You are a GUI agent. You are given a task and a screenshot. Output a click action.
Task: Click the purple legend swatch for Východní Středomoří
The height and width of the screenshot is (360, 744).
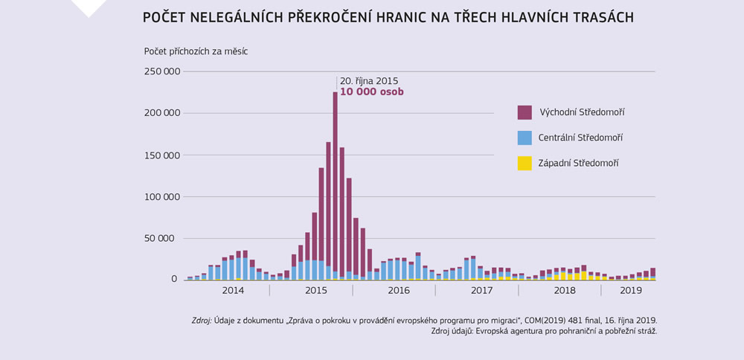point(525,112)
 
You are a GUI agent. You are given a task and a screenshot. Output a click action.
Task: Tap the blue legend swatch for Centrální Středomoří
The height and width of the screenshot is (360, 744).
point(525,138)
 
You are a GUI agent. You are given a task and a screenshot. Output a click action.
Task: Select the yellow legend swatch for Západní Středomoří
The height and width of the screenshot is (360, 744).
point(525,163)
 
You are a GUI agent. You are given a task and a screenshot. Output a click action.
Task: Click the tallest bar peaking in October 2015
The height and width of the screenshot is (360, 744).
point(335,186)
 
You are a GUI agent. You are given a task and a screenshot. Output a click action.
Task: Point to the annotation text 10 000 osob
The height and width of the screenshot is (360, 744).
point(371,92)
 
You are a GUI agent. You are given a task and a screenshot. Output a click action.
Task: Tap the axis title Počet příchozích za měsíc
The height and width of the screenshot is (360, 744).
point(196,51)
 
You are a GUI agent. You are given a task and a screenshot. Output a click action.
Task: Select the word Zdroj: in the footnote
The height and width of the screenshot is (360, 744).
point(201,321)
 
